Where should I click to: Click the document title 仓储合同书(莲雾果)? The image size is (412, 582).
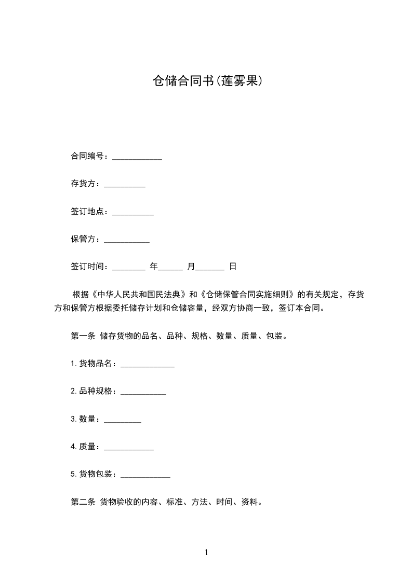click(x=206, y=81)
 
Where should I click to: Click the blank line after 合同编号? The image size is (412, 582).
click(x=137, y=157)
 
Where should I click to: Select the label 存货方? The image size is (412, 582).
click(x=86, y=184)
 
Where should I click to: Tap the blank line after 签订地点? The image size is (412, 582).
click(x=133, y=212)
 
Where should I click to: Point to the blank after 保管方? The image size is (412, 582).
click(x=127, y=240)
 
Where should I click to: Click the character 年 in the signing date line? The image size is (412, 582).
click(x=153, y=267)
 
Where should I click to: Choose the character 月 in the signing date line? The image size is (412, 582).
click(x=191, y=267)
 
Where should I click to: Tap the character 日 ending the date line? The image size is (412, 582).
click(x=233, y=267)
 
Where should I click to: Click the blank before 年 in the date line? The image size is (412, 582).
click(x=129, y=268)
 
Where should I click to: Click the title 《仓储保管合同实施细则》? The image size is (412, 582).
click(x=247, y=295)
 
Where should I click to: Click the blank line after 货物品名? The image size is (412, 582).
click(x=148, y=365)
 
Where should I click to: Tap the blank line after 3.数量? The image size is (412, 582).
click(x=123, y=420)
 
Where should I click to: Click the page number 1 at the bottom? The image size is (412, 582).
click(x=206, y=552)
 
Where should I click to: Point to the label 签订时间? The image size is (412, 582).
click(x=89, y=267)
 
